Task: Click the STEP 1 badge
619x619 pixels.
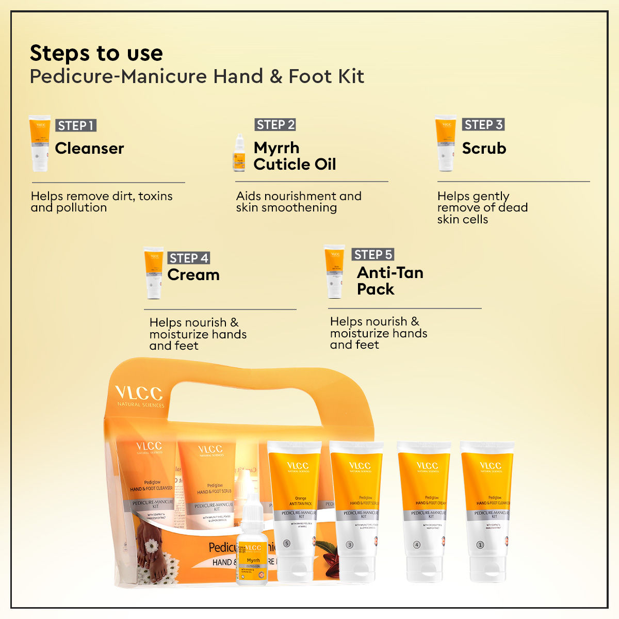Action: pos(76,125)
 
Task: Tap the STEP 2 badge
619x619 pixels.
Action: pos(275,124)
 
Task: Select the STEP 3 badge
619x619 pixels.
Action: pos(483,124)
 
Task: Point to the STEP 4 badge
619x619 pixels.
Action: pos(189,258)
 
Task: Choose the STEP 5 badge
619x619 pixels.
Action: pos(373,254)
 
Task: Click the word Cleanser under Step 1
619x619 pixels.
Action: pos(89,149)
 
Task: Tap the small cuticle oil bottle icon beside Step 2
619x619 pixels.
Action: pos(239,154)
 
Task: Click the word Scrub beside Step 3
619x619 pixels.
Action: pos(484,149)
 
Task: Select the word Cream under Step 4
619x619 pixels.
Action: pos(193,275)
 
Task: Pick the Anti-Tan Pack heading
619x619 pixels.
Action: pos(389,281)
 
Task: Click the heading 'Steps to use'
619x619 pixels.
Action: pos(96,53)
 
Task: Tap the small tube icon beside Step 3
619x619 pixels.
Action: pos(446,143)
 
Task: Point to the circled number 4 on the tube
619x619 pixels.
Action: pos(417,545)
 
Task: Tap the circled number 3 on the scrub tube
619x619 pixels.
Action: pos(349,545)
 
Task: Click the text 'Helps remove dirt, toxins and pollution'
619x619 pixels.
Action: pos(102,202)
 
